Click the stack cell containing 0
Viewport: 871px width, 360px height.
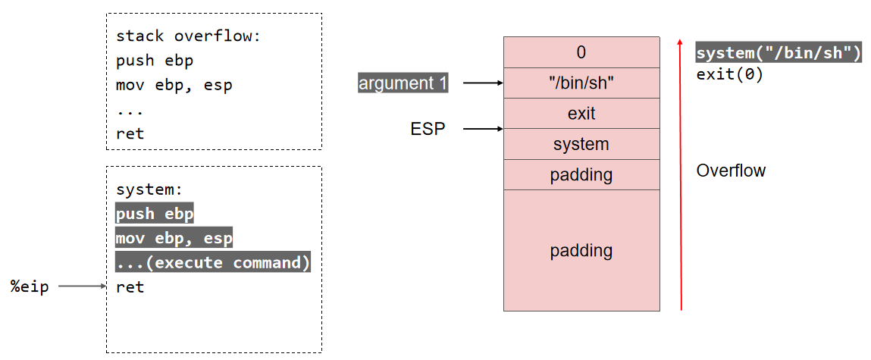pyautogui.click(x=581, y=52)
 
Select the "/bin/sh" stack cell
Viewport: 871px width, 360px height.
pyautogui.click(x=581, y=83)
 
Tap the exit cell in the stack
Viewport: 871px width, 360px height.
pyautogui.click(x=581, y=114)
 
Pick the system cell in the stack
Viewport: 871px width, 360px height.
pyautogui.click(x=581, y=144)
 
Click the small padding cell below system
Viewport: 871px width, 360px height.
pyautogui.click(x=581, y=175)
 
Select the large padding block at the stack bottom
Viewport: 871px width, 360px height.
pyautogui.click(x=581, y=250)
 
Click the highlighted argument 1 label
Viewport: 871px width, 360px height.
pyautogui.click(x=403, y=83)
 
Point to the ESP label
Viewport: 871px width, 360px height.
pyautogui.click(x=428, y=130)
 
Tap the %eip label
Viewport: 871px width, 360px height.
pyautogui.click(x=30, y=286)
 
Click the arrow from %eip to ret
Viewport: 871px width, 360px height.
pyautogui.click(x=82, y=286)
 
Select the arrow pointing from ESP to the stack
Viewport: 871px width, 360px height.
pyautogui.click(x=483, y=130)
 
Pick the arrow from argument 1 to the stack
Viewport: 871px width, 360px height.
pyautogui.click(x=483, y=83)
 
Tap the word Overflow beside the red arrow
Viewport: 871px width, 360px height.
pyautogui.click(x=731, y=171)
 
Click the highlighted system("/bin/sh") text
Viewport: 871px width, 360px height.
pyautogui.click(x=779, y=54)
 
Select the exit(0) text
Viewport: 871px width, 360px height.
pyautogui.click(x=728, y=75)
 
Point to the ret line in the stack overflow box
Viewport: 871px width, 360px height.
pyautogui.click(x=130, y=133)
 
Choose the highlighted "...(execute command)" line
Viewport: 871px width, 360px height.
pyautogui.click(x=213, y=263)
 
